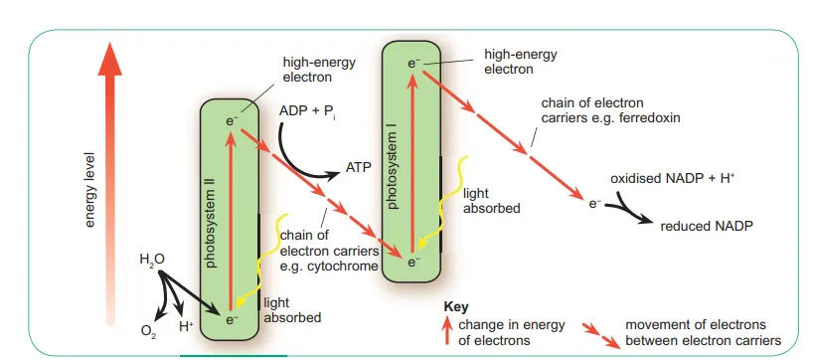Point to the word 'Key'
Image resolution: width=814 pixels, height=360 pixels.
coord(455,307)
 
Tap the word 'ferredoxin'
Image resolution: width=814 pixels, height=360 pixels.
coord(675,117)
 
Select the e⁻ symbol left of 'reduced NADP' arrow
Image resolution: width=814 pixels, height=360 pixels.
coord(594,204)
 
